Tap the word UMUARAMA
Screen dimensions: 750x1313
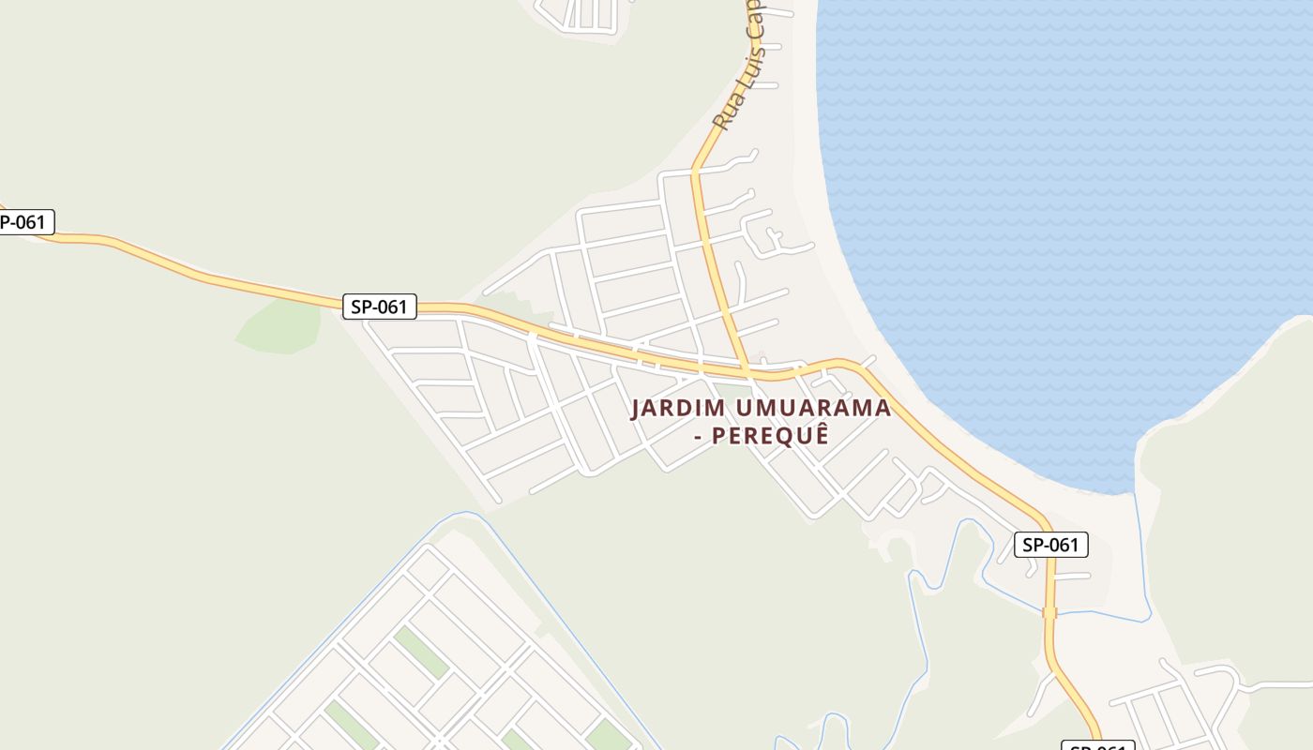813,409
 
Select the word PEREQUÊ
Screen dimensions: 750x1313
770,436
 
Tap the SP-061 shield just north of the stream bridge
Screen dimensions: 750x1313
1050,545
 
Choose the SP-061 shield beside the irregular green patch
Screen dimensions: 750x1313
379,307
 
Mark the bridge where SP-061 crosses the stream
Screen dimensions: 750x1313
1049,612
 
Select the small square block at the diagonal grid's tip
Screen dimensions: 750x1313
427,568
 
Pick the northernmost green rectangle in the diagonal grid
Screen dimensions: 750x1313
420,652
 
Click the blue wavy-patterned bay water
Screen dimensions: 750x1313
1060,206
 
